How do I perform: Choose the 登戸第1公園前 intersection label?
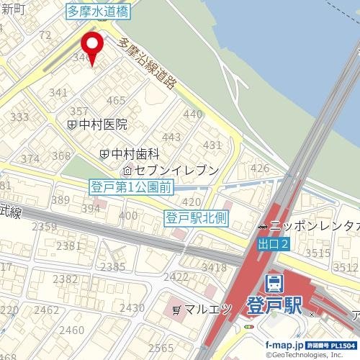(x=131, y=187)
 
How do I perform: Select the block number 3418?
(x=213, y=268)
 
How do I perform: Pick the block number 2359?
(x=45, y=227)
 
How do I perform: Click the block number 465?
(x=116, y=101)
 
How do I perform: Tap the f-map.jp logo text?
(x=284, y=346)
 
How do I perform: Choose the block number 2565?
(x=163, y=348)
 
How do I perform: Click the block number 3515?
(x=318, y=253)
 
